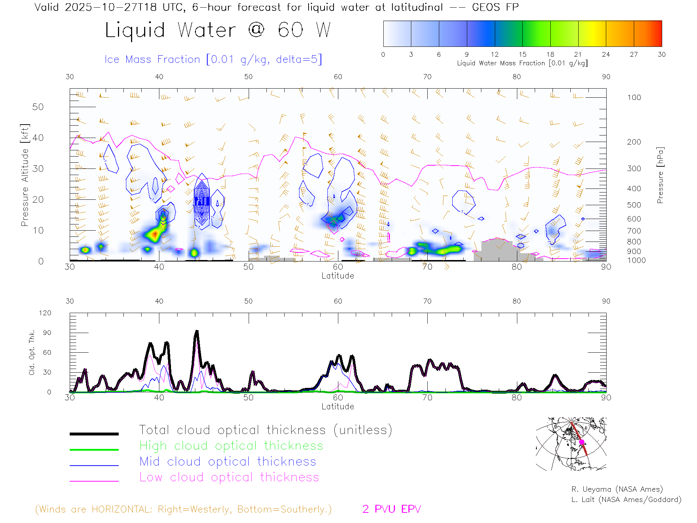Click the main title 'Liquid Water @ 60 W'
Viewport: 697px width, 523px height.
click(x=218, y=30)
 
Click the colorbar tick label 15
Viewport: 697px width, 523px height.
click(x=522, y=54)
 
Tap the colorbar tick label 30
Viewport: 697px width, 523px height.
click(x=661, y=54)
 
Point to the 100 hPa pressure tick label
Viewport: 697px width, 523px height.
click(x=634, y=97)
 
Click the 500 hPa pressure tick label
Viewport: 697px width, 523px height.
click(x=634, y=205)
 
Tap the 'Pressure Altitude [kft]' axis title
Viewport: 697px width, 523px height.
click(x=25, y=175)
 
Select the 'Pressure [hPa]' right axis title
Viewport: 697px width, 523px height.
click(x=660, y=175)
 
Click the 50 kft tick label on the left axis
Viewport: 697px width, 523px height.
click(x=38, y=107)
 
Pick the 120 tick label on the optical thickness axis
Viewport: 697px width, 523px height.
click(x=45, y=313)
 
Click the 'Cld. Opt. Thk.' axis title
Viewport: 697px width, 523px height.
click(x=32, y=352)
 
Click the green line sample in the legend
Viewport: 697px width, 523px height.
click(x=94, y=450)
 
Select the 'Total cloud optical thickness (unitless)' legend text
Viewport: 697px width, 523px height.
click(x=265, y=430)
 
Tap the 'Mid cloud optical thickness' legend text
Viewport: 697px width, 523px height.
click(x=228, y=462)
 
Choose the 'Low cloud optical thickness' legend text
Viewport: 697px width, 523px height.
click(x=229, y=477)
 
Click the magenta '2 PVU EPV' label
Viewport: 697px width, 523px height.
click(x=391, y=509)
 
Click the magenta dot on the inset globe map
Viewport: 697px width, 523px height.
click(x=582, y=442)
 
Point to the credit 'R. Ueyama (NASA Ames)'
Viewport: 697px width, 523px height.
click(x=617, y=489)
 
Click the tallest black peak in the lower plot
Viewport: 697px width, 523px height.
click(x=197, y=331)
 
